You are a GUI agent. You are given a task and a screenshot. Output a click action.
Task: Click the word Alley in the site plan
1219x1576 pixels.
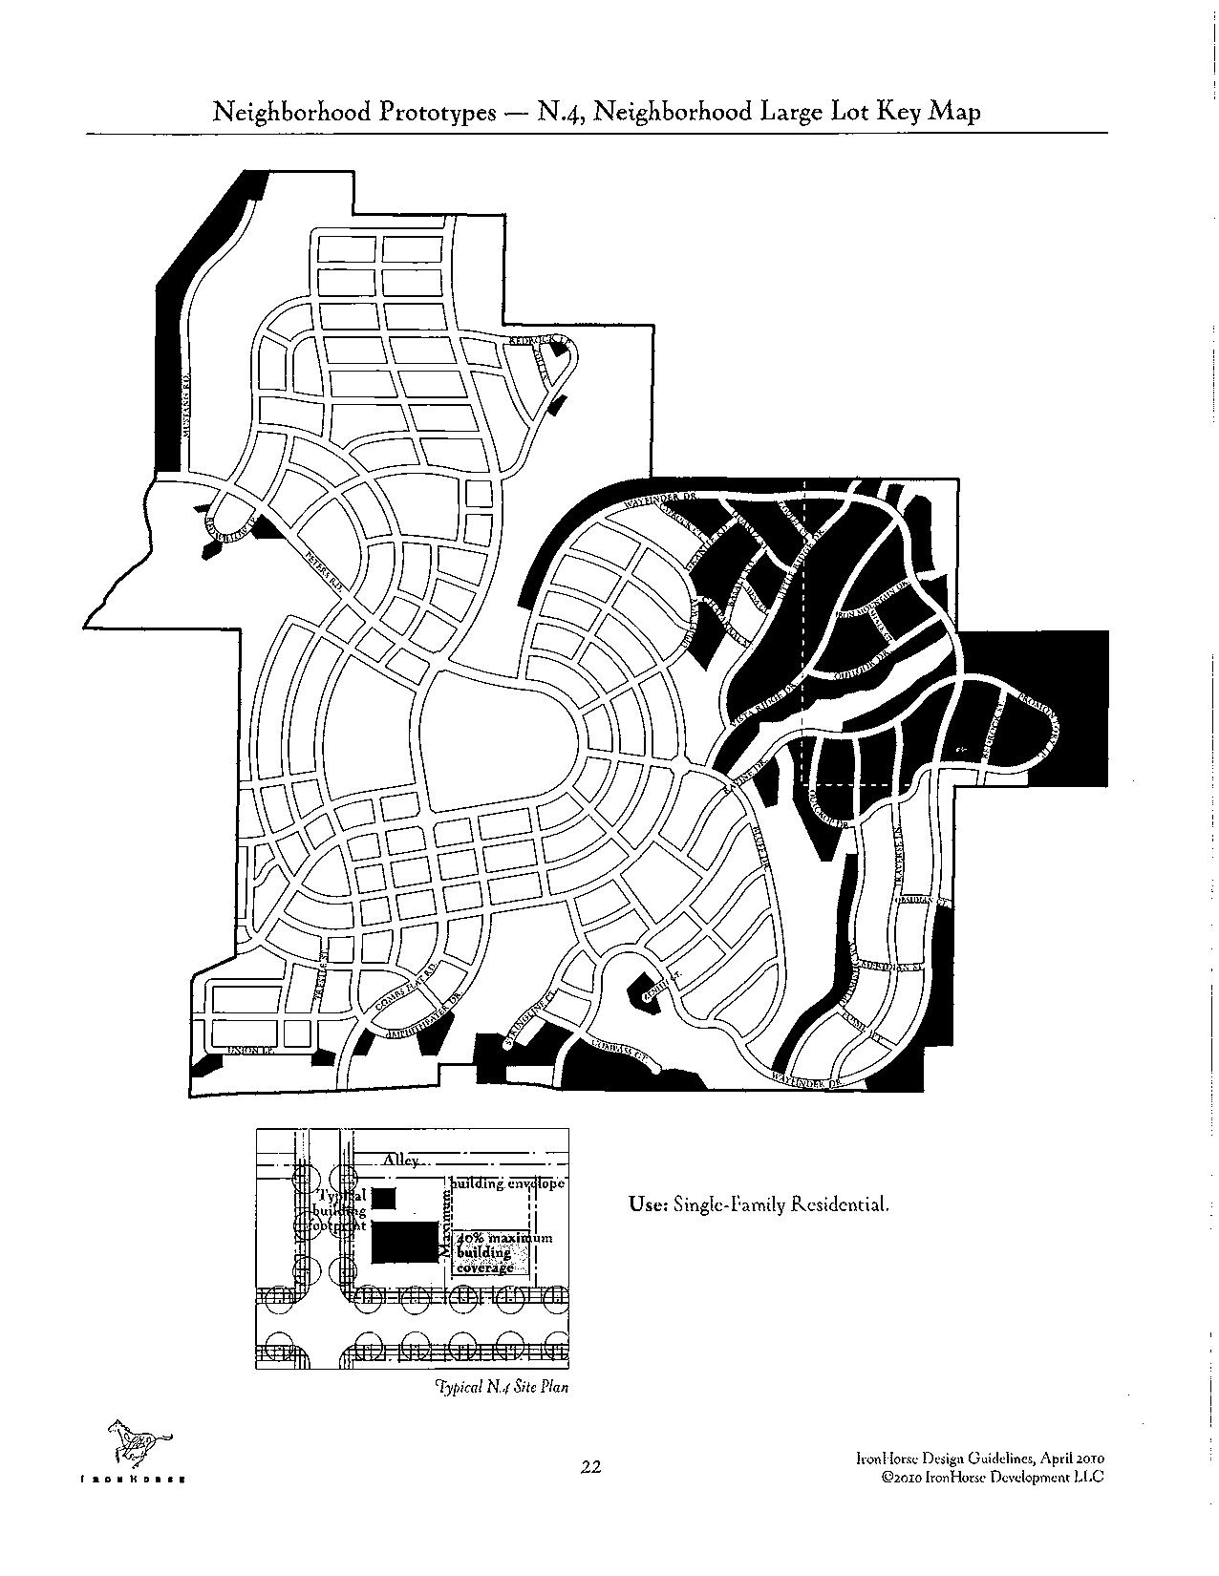(401, 1160)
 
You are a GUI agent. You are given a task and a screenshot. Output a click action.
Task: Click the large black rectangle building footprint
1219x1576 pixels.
(406, 1244)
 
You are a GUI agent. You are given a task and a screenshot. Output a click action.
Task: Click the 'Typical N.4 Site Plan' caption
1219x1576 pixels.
(502, 1387)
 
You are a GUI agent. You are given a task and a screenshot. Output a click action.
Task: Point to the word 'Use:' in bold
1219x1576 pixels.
(647, 1204)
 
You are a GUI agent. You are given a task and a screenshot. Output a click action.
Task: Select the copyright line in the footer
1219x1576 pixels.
(993, 1476)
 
